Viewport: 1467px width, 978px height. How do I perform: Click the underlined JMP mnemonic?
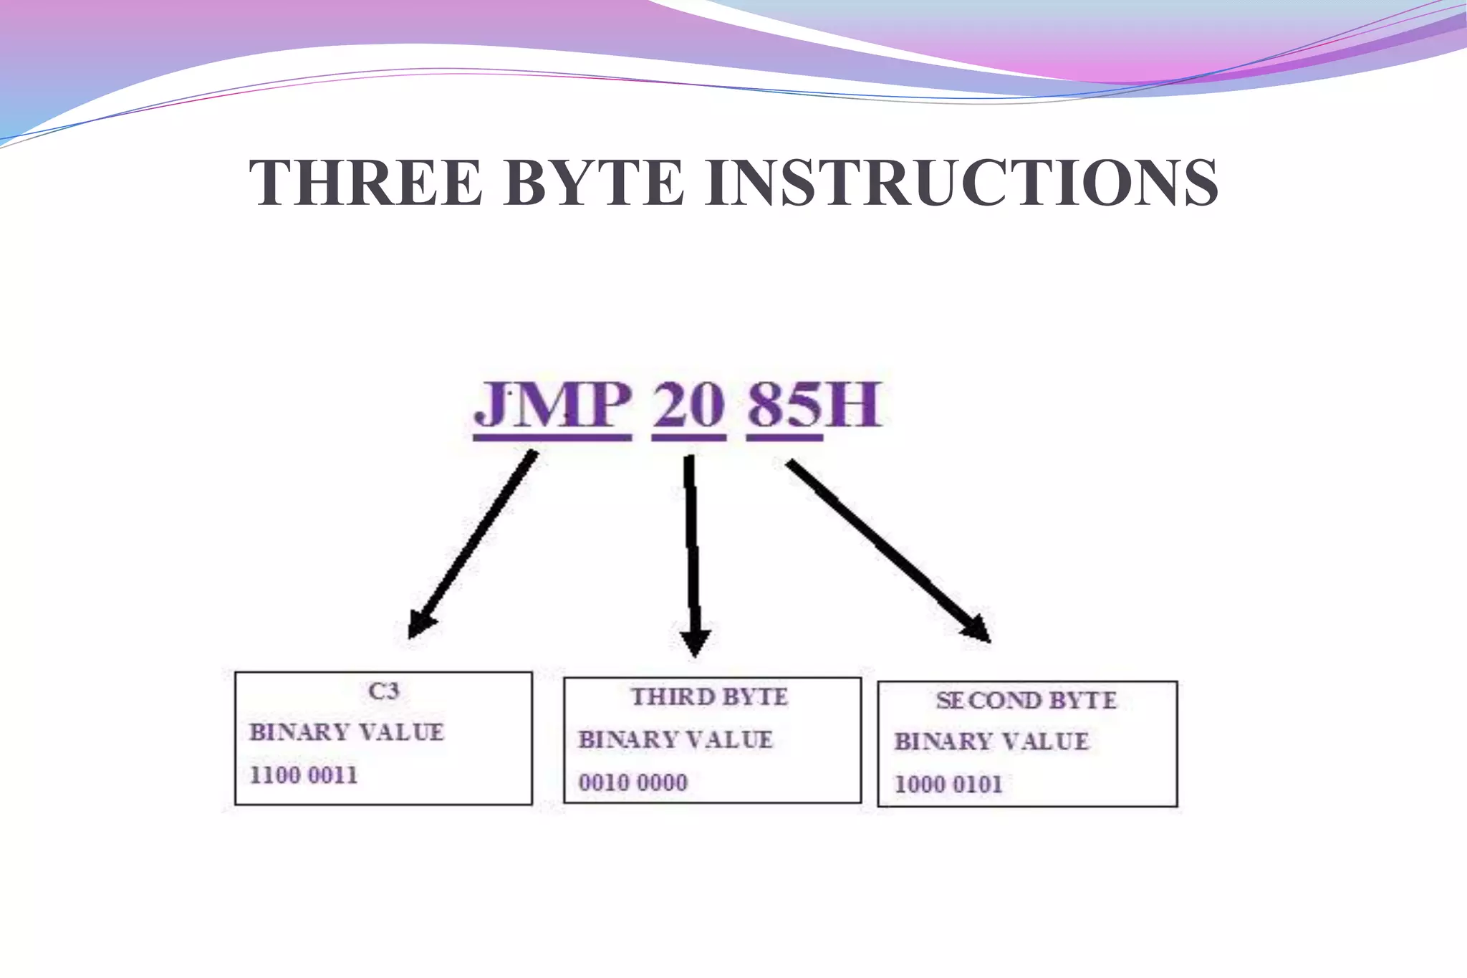point(553,406)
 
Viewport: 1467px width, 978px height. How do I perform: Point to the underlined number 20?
point(688,406)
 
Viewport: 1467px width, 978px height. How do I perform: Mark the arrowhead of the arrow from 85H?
point(977,628)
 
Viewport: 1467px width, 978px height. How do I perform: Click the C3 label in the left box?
point(384,691)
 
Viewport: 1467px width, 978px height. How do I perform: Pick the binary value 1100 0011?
point(303,775)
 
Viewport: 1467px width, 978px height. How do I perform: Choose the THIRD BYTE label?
point(709,697)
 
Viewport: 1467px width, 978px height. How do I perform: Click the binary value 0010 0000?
point(633,782)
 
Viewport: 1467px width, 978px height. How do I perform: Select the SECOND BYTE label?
point(1026,701)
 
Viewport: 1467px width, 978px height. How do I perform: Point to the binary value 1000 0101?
point(948,785)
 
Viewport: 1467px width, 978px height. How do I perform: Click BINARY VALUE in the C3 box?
point(347,732)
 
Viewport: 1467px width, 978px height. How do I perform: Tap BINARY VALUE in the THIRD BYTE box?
point(675,739)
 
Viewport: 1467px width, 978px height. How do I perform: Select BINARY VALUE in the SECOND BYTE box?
point(991,742)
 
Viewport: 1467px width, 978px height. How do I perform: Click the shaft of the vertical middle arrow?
point(691,545)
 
